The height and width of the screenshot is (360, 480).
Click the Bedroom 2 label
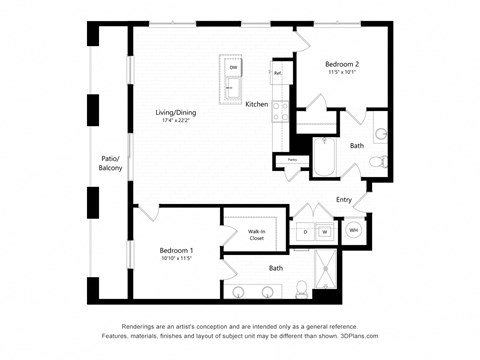coord(343,65)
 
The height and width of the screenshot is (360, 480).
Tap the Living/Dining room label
coord(175,113)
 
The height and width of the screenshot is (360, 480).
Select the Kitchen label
coord(257,104)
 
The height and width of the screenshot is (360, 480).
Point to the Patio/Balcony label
coord(110,163)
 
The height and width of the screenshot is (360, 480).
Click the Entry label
coord(344,200)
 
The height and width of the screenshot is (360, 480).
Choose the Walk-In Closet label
coord(257,235)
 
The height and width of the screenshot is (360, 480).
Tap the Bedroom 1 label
coord(176,250)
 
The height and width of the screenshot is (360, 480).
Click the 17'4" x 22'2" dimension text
coord(175,122)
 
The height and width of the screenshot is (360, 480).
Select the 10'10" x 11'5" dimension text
coord(176,259)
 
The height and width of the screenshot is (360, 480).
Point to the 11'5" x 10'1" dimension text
coord(343,73)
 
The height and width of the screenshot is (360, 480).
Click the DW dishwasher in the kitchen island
coord(233,68)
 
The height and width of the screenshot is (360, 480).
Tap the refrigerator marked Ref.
coord(277,73)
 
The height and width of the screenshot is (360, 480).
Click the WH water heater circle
coord(353,231)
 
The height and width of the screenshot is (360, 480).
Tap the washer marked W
coord(324,232)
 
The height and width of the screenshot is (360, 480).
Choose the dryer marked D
coord(305,232)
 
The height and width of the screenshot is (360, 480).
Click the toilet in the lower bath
coord(302,291)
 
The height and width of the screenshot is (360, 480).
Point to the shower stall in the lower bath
coord(325,269)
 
